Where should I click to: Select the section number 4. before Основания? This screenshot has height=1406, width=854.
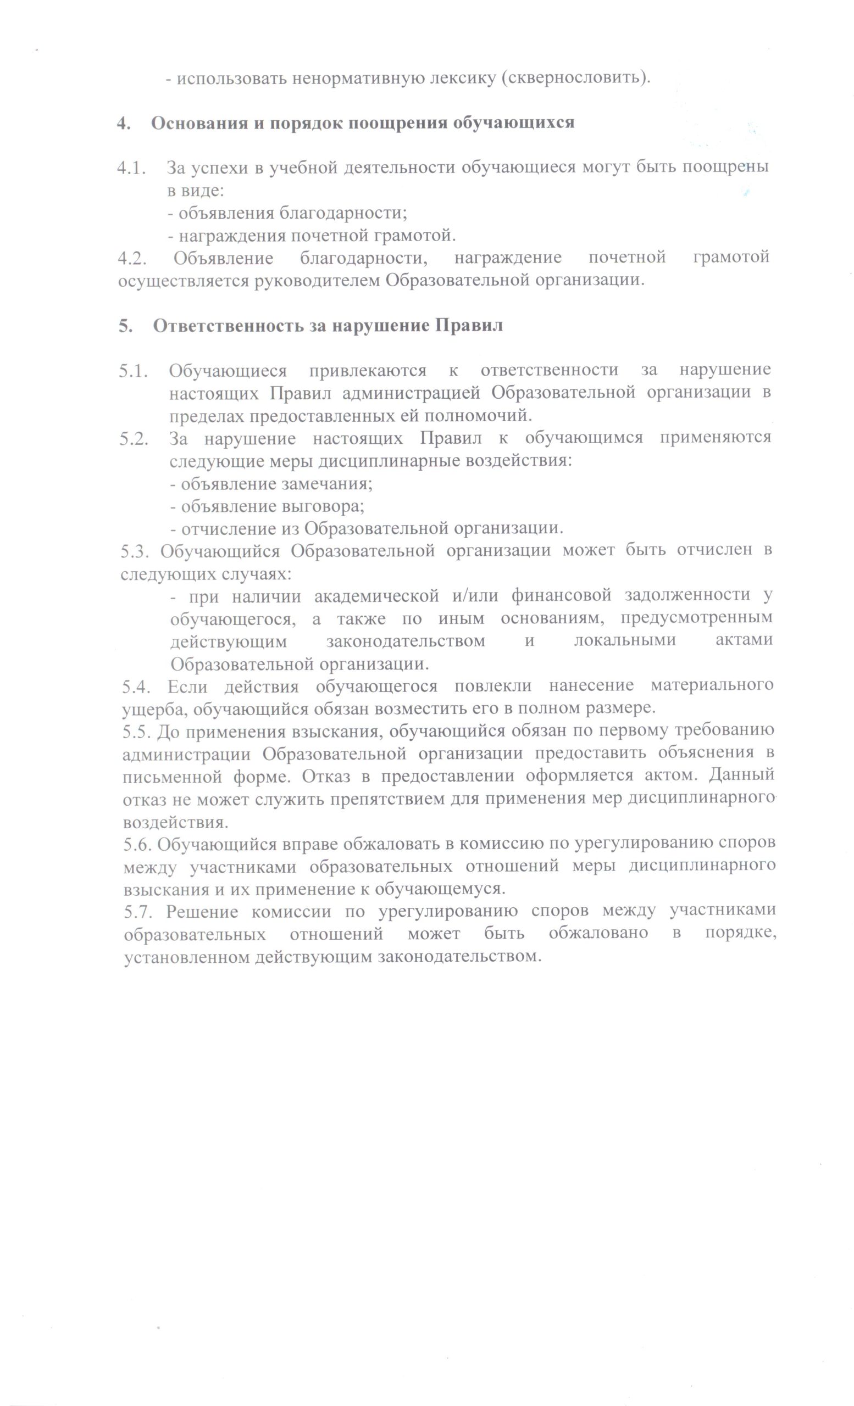pyautogui.click(x=123, y=122)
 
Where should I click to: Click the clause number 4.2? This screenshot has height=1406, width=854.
pyautogui.click(x=132, y=258)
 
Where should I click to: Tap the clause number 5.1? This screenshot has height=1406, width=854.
pyautogui.click(x=134, y=370)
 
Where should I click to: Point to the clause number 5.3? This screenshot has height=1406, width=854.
pyautogui.click(x=135, y=551)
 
